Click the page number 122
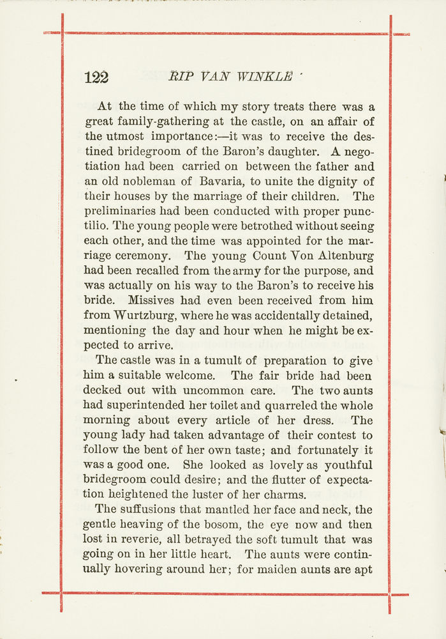pos(96,77)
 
